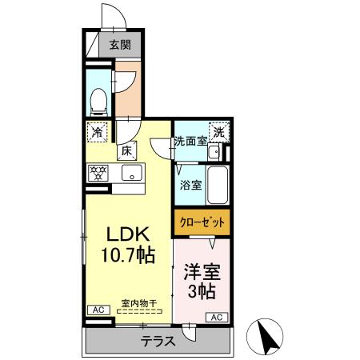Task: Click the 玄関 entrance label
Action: tap(120, 46)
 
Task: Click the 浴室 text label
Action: tap(190, 184)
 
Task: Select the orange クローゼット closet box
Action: tap(201, 222)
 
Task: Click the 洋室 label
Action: tap(202, 272)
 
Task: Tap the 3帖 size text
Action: tap(202, 290)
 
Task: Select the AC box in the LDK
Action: tap(95, 310)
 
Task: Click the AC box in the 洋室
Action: tap(216, 318)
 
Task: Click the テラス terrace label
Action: tap(158, 341)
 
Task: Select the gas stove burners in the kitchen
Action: tap(98, 172)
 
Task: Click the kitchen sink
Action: tap(130, 173)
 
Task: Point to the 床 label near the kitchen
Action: tap(126, 150)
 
